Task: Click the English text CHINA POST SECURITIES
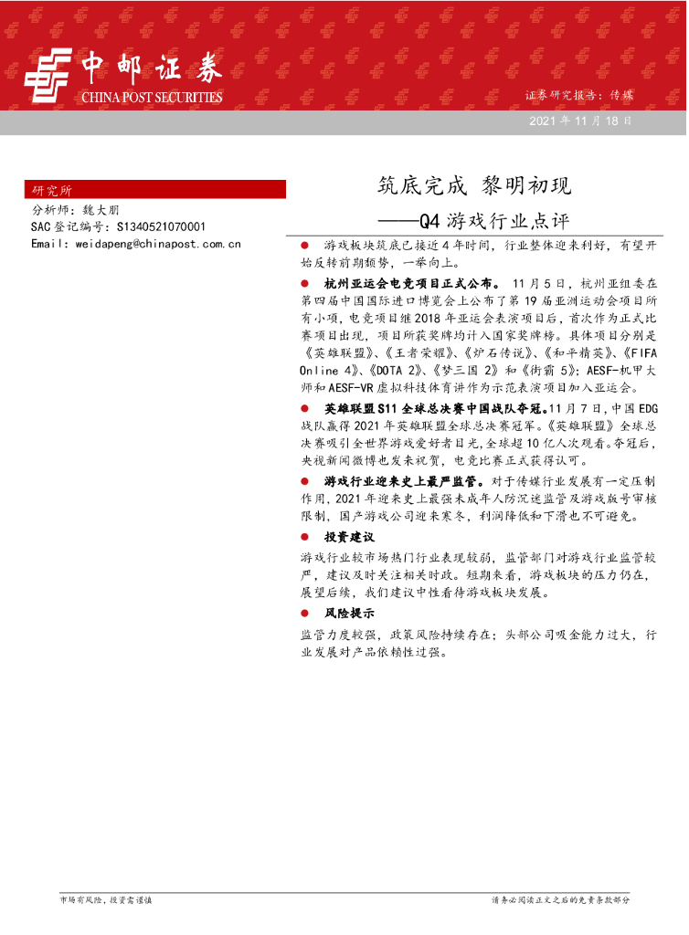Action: click(152, 97)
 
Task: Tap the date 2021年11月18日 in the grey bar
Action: click(579, 121)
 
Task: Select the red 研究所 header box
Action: click(155, 190)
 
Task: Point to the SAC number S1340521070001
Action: click(160, 226)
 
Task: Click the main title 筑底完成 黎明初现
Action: click(474, 186)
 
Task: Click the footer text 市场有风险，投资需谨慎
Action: click(105, 899)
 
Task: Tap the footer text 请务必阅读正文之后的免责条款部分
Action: click(560, 899)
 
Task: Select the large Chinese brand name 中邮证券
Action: click(152, 68)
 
